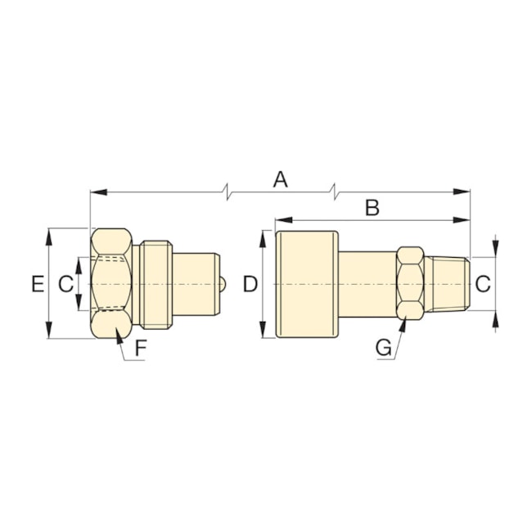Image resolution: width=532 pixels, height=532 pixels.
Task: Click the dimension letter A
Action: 281,179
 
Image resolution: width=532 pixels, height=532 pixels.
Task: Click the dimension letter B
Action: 372,208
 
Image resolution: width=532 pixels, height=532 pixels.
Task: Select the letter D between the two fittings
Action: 250,284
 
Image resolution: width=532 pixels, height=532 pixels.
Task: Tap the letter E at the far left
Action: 37,284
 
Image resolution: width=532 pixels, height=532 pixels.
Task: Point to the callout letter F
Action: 141,348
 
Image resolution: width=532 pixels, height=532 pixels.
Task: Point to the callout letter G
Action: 383,348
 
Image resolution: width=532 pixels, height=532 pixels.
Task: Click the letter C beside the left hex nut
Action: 65,284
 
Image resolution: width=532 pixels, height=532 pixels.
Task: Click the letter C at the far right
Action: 483,284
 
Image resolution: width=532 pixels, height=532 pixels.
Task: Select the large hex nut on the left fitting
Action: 112,284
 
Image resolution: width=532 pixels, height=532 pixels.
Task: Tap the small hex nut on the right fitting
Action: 410,284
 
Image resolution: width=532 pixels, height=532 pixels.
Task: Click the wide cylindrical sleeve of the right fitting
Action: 307,284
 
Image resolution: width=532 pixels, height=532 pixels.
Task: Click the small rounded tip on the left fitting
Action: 223,284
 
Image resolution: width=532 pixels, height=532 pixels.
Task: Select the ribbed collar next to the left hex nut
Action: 156,284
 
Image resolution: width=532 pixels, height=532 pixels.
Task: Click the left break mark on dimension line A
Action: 228,192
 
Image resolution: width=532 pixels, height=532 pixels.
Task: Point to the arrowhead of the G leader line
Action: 404,322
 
